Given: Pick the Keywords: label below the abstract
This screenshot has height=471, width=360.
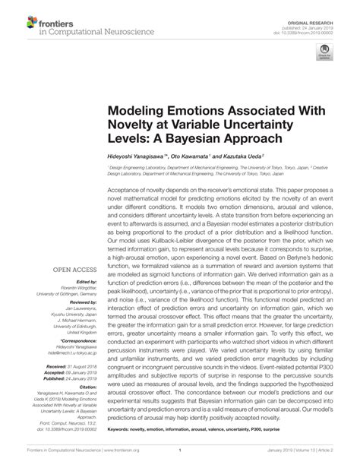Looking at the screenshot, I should (122, 429).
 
